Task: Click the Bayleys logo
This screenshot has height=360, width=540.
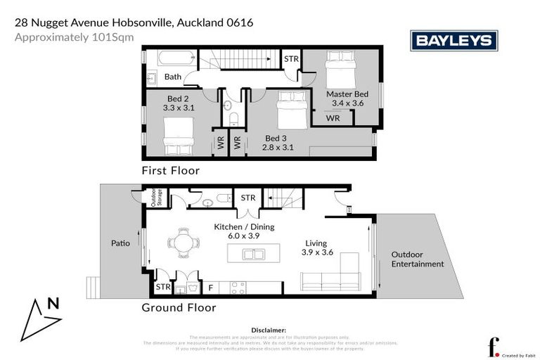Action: [454, 41]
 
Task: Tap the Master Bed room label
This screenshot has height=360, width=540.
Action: [347, 94]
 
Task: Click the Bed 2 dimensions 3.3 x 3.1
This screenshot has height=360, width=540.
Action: [178, 108]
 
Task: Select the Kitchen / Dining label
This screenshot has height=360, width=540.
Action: [244, 227]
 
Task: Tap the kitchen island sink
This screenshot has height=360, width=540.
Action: [254, 254]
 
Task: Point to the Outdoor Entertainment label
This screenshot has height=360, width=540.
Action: [418, 259]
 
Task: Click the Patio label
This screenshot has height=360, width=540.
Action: [120, 243]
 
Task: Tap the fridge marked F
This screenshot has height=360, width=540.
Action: [210, 288]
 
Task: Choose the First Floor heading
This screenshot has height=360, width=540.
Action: [171, 170]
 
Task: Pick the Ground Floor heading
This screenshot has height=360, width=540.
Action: [179, 307]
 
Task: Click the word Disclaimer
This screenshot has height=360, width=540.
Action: [269, 329]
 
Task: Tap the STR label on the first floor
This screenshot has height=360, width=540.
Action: [291, 59]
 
